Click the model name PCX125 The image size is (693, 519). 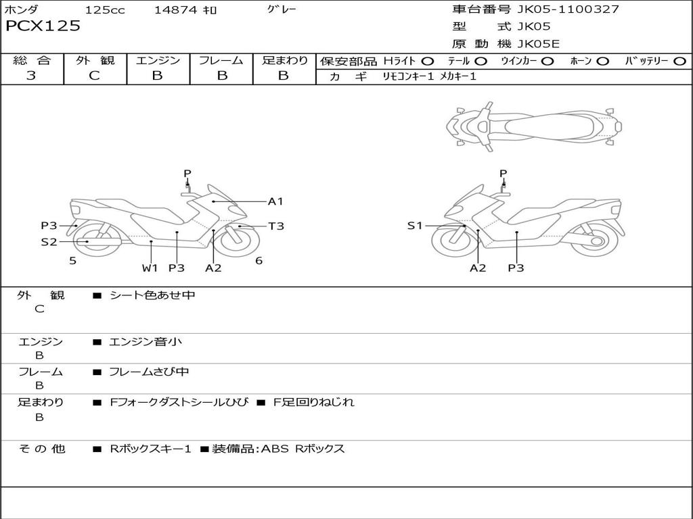click(x=43, y=26)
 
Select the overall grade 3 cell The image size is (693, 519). click(x=31, y=76)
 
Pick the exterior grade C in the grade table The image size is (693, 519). click(x=94, y=76)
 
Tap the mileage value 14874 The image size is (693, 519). click(x=177, y=10)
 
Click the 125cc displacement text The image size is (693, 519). click(x=105, y=10)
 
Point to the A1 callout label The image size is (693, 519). click(x=275, y=201)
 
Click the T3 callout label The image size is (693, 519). click(x=276, y=226)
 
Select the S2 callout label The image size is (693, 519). click(x=49, y=241)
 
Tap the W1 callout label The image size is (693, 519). click(x=150, y=268)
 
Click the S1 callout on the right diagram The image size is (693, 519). click(x=415, y=226)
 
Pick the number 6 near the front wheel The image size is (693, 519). click(x=259, y=261)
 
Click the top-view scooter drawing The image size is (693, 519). click(x=534, y=125)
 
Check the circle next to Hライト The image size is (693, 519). click(x=428, y=61)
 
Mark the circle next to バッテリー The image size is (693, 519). click(x=679, y=61)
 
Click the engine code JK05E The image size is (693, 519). click(x=539, y=45)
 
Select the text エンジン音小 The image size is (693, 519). click(x=146, y=342)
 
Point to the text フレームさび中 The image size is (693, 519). click(x=150, y=372)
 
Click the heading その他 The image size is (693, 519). click(x=41, y=449)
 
